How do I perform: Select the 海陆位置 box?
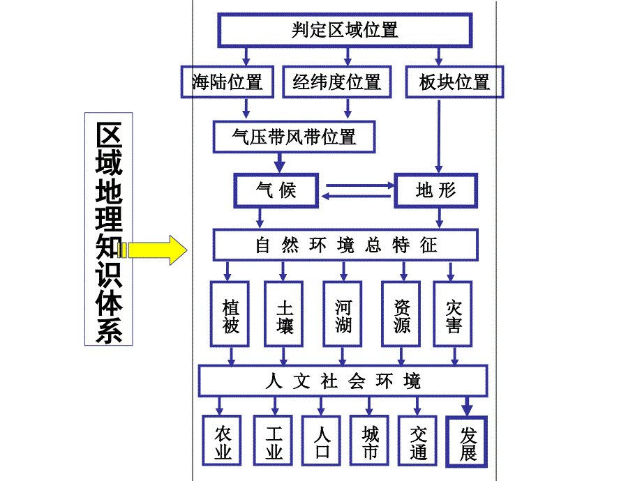[227, 82]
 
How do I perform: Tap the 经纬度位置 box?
[337, 82]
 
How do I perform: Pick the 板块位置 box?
[454, 82]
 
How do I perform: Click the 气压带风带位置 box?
[294, 136]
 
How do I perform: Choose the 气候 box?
[276, 190]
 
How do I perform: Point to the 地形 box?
[436, 190]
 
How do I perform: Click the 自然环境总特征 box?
[345, 245]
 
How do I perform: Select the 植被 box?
[230, 314]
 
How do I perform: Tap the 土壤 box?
[284, 314]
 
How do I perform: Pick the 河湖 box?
[343, 314]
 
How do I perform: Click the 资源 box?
[401, 314]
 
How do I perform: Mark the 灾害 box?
[454, 314]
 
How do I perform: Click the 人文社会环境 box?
[343, 381]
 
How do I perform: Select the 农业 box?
[223, 441]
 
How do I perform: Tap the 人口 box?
[322, 441]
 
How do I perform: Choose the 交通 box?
[418, 441]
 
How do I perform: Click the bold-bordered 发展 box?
[467, 441]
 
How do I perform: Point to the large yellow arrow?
[158, 250]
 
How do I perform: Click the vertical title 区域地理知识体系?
[108, 230]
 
